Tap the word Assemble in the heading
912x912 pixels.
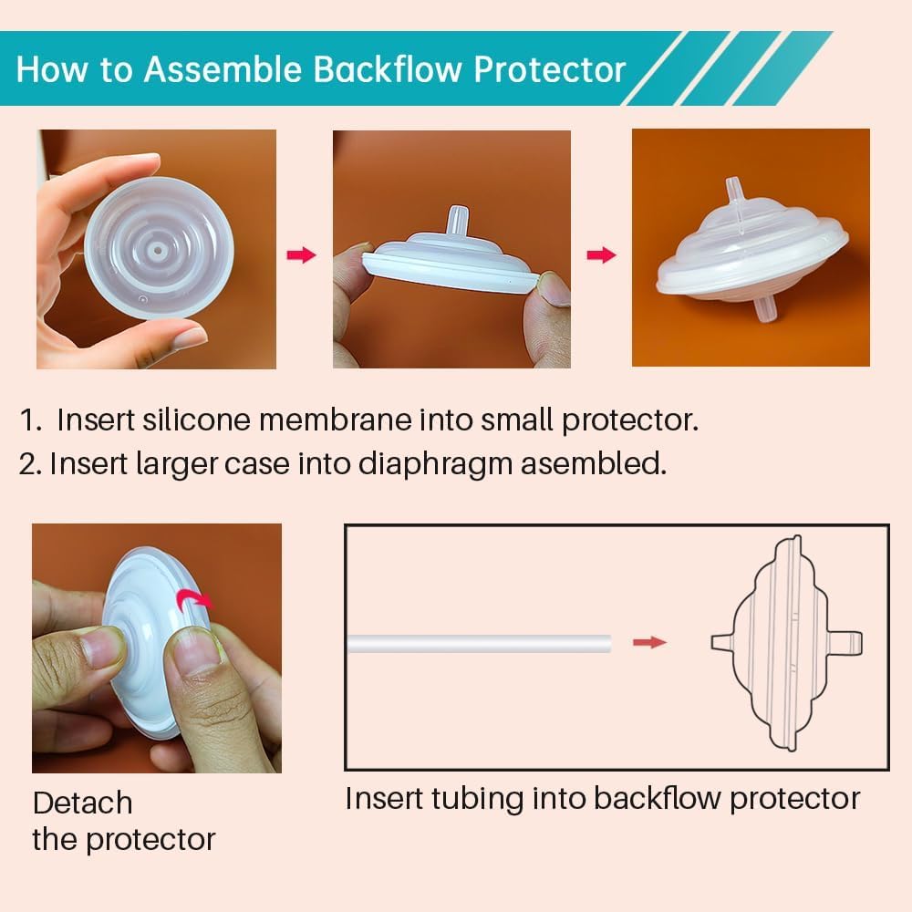tap(223, 69)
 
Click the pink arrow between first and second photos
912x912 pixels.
tap(301, 254)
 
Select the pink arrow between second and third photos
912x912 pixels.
tap(601, 254)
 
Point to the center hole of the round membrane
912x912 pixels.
tap(158, 252)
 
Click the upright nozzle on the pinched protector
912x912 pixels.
tap(457, 221)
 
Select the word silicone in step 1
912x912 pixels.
tap(196, 420)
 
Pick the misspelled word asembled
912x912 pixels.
tap(594, 463)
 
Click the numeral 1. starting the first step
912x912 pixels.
tap(31, 420)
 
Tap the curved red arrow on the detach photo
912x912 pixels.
tap(195, 598)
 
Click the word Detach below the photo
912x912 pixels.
tap(83, 803)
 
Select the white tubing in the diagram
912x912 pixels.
tap(480, 644)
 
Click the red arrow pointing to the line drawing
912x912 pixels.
tap(649, 642)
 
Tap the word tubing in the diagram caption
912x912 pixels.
tap(477, 800)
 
